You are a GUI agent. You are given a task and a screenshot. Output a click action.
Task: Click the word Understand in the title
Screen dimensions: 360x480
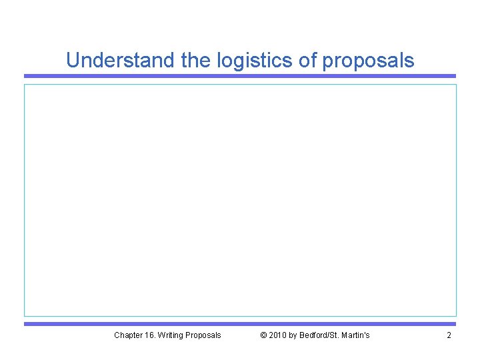pos(121,61)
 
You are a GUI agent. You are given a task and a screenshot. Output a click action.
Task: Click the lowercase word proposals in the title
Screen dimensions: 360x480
pos(369,61)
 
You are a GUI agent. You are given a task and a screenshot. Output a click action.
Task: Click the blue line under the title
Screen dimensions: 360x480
pos(240,76)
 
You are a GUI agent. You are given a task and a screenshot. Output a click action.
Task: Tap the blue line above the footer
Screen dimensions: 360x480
pos(240,324)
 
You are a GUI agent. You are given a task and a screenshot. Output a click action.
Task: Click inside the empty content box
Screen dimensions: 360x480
pos(240,200)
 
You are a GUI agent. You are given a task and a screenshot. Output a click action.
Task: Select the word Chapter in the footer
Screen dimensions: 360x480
pos(127,335)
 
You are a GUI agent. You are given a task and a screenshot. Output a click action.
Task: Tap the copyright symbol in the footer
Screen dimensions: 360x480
pos(263,335)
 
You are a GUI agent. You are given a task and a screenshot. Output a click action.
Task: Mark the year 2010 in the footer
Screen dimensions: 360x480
pos(277,335)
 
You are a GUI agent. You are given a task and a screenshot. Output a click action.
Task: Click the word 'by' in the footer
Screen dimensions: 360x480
pos(294,335)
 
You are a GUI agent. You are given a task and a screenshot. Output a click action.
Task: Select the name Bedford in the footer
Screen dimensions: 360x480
pos(315,335)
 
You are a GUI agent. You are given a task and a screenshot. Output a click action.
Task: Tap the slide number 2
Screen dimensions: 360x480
pos(449,335)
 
